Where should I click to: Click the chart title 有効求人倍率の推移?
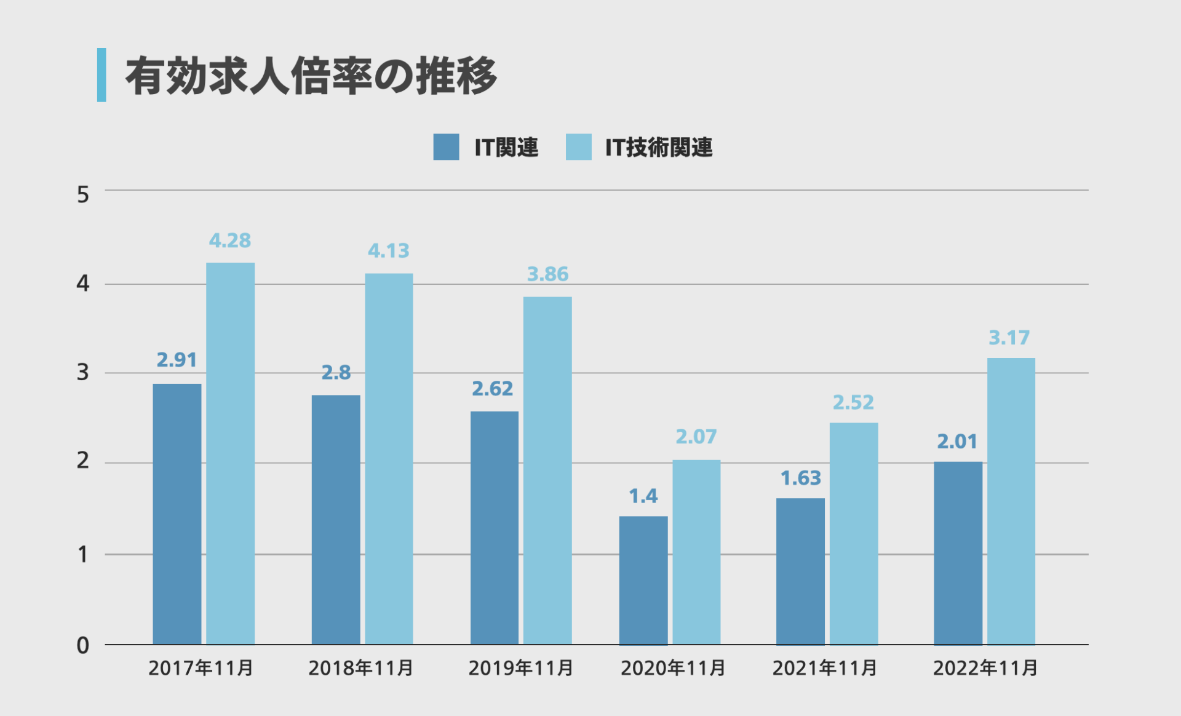311,76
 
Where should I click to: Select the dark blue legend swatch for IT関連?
446,147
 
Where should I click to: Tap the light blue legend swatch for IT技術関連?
578,147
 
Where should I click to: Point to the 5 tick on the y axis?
83,195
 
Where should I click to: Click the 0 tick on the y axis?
83,645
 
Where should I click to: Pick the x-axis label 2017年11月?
201,668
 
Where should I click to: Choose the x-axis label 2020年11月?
673,668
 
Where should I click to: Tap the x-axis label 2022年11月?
985,668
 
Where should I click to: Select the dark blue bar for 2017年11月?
177,514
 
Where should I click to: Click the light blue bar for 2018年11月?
389,459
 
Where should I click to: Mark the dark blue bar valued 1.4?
643,580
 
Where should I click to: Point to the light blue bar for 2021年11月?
854,533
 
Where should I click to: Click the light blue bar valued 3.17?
1011,501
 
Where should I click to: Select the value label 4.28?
230,241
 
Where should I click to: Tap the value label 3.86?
547,274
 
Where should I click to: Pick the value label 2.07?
696,437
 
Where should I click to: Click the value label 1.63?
801,478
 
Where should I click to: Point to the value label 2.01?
957,442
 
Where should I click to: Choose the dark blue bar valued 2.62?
495,528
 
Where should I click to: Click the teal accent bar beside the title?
101,75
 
